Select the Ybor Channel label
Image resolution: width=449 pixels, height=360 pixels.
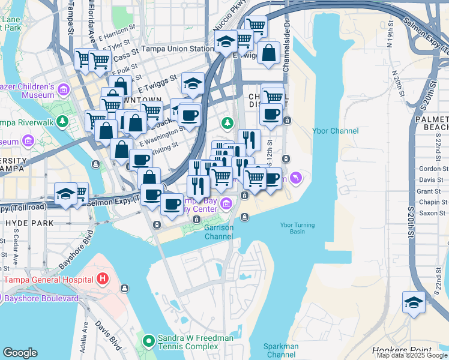tap(336, 131)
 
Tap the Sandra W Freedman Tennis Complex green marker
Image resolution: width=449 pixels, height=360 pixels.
tap(148, 342)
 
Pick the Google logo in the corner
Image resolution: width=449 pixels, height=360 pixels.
tap(20, 353)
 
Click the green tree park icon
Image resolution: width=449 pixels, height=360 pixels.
tap(227, 124)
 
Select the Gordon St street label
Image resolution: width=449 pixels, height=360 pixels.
tap(433, 169)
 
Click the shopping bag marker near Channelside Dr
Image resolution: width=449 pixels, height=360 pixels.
tap(270, 52)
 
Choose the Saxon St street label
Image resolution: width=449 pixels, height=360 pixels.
tap(432, 213)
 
